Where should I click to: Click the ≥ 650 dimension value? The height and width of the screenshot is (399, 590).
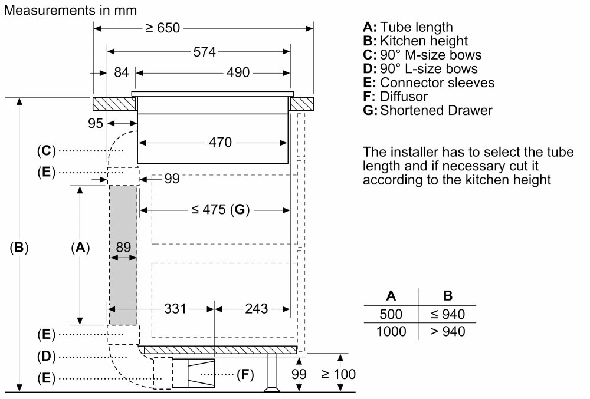pyautogui.click(x=163, y=28)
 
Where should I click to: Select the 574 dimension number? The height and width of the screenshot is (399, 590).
pyautogui.click(x=204, y=51)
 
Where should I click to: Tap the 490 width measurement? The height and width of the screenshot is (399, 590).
pyautogui.click(x=238, y=72)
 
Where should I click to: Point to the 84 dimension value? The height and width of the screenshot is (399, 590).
pyautogui.click(x=121, y=72)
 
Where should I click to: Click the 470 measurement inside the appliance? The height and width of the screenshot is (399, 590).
pyautogui.click(x=220, y=142)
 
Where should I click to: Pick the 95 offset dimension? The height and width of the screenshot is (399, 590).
pyautogui.click(x=95, y=123)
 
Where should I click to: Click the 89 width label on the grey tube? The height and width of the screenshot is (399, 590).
pyautogui.click(x=123, y=247)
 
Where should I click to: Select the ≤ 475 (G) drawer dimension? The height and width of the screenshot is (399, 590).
pyautogui.click(x=220, y=209)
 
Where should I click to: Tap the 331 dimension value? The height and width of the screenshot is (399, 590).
pyautogui.click(x=175, y=308)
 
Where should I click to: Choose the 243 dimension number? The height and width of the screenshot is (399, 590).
pyautogui.click(x=256, y=308)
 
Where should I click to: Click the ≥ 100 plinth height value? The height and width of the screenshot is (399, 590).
pyautogui.click(x=339, y=374)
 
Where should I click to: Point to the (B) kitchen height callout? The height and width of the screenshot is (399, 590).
pyautogui.click(x=19, y=247)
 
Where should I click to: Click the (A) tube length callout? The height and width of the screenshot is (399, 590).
pyautogui.click(x=80, y=247)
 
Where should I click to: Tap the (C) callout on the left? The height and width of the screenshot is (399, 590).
pyautogui.click(x=46, y=151)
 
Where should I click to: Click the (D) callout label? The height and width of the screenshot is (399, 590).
pyautogui.click(x=46, y=356)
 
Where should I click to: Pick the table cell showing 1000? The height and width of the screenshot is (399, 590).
pyautogui.click(x=391, y=331)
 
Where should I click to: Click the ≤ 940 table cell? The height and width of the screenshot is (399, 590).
pyautogui.click(x=447, y=314)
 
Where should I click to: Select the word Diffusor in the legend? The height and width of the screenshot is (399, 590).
pyautogui.click(x=404, y=96)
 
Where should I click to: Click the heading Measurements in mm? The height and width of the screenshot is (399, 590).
pyautogui.click(x=70, y=10)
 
